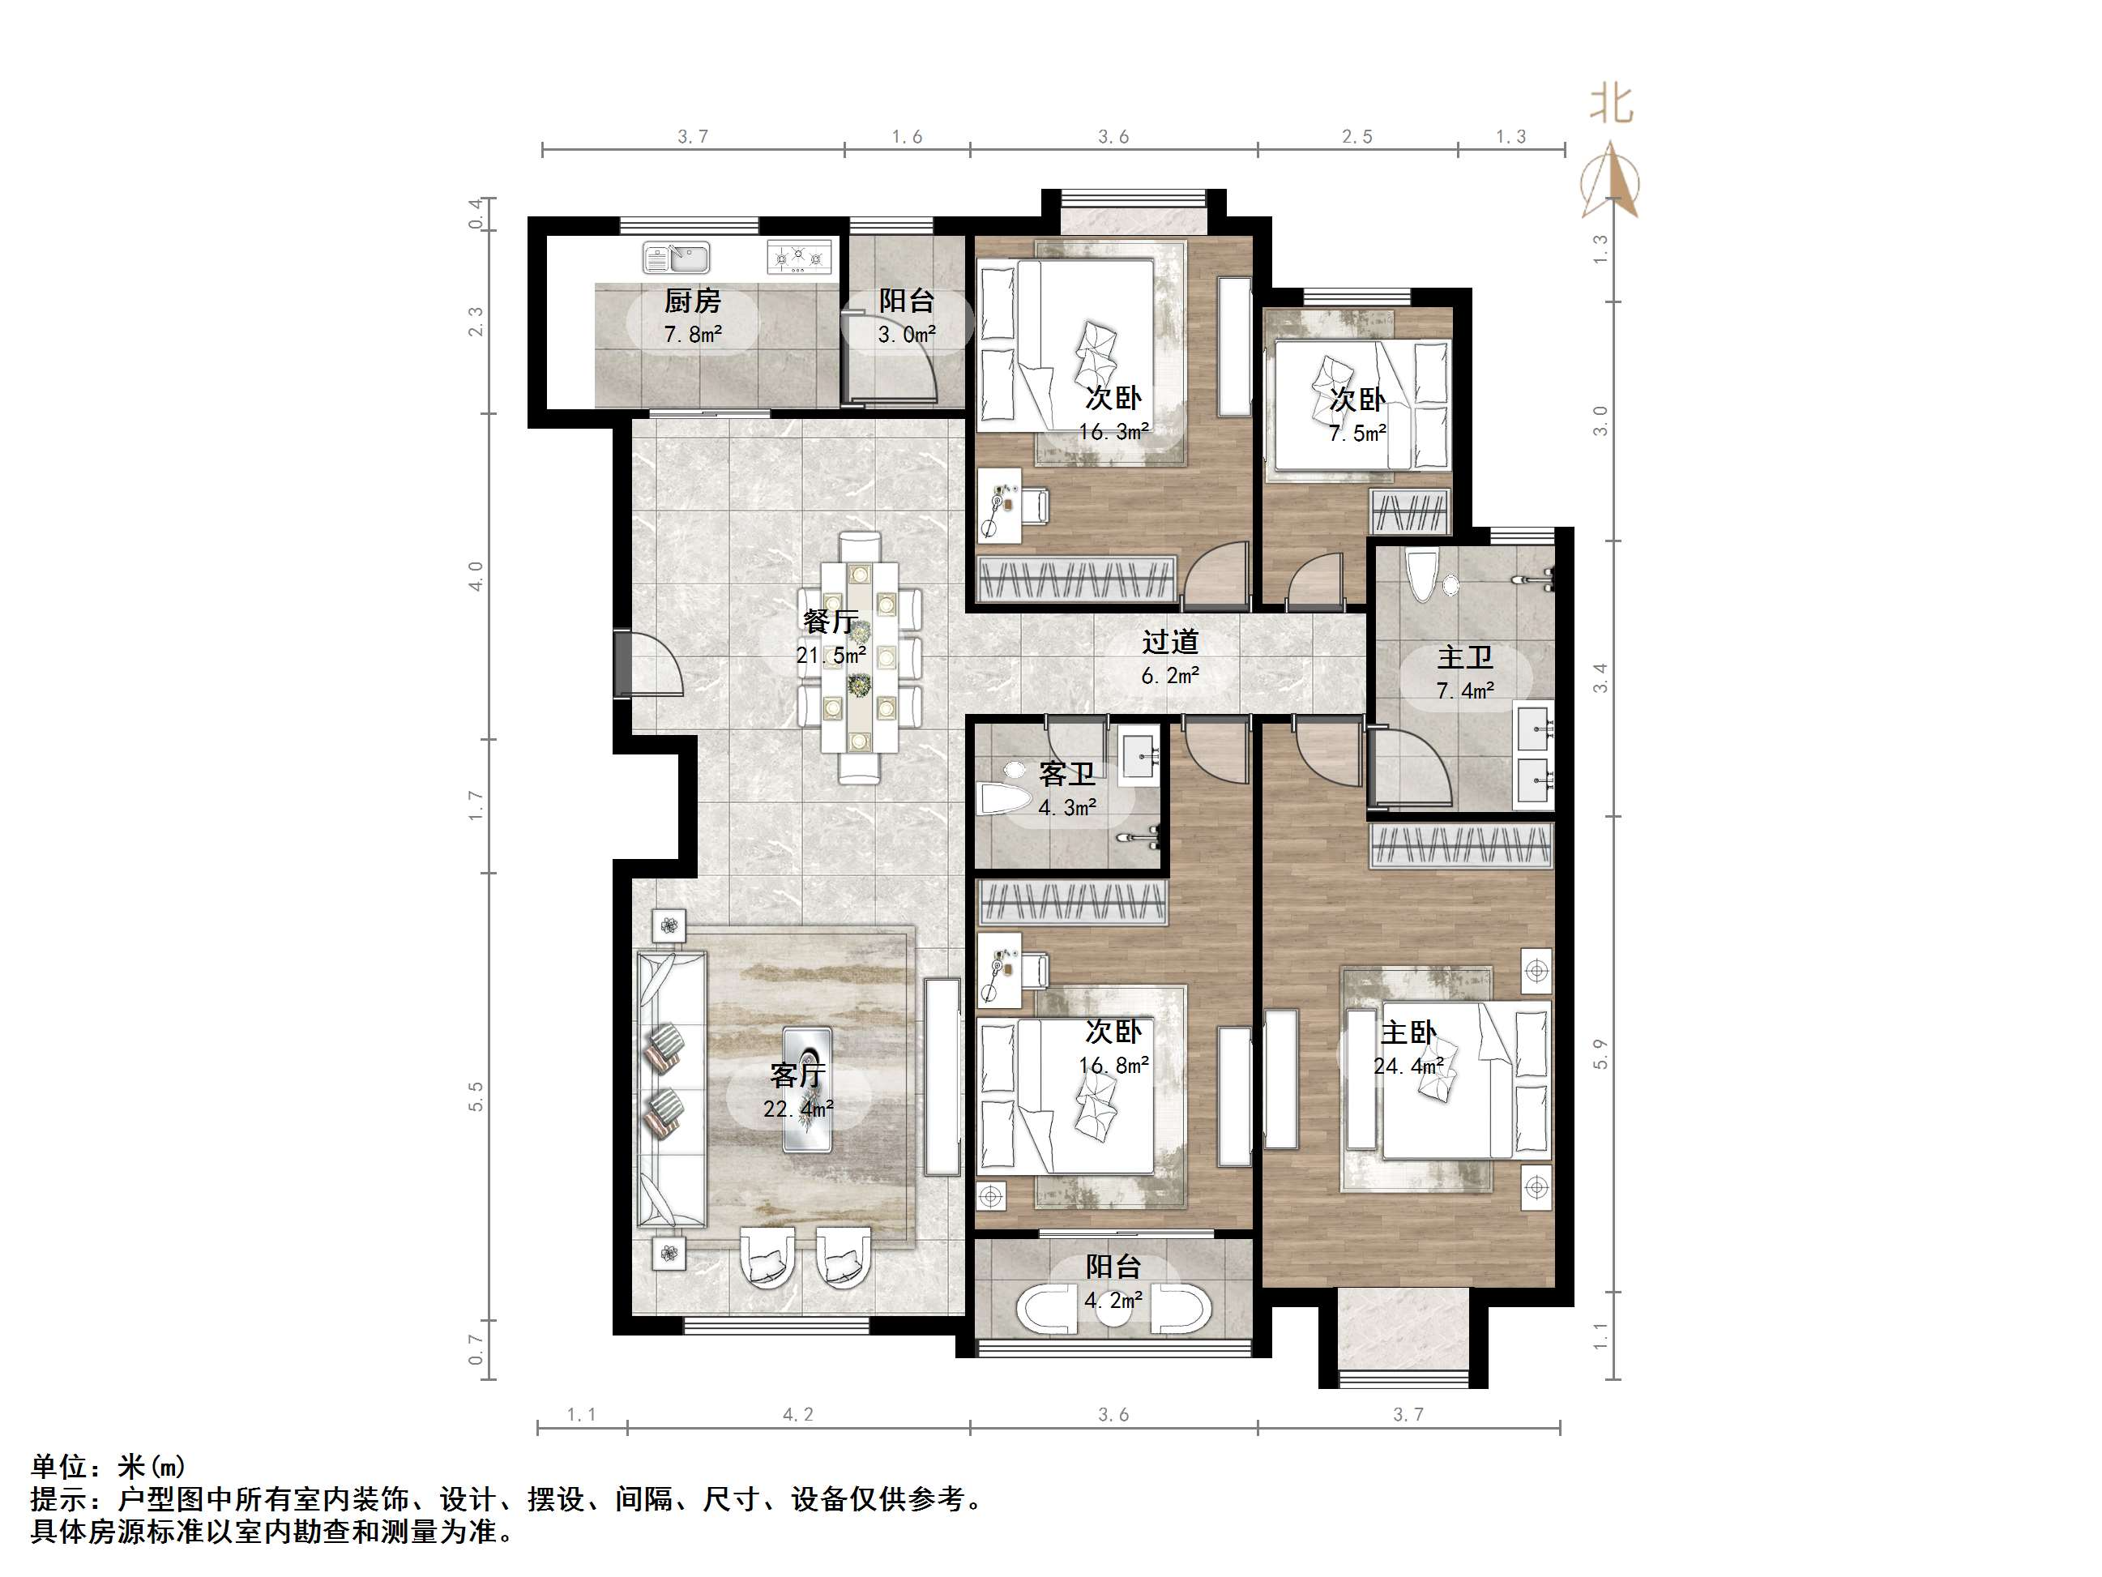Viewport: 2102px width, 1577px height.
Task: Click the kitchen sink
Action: click(676, 257)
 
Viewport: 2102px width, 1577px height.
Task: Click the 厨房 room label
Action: click(692, 301)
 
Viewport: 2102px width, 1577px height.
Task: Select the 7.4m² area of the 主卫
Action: click(1464, 691)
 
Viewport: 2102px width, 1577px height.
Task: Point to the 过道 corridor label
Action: click(1170, 643)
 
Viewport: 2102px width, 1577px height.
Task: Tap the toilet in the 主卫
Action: click(1423, 576)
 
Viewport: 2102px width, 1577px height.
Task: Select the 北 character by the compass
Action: click(1612, 105)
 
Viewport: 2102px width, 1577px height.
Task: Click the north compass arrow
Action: click(1610, 181)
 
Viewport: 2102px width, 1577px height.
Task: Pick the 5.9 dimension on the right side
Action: click(1600, 1054)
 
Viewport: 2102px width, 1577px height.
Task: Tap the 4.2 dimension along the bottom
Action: click(797, 1414)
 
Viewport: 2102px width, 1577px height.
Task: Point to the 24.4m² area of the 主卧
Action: click(1408, 1066)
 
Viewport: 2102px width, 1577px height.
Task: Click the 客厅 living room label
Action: click(797, 1075)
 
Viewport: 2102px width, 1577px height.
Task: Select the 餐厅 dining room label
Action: click(831, 622)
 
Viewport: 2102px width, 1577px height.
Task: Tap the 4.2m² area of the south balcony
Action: click(1113, 1299)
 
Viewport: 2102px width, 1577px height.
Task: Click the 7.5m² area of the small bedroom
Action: click(1357, 434)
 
